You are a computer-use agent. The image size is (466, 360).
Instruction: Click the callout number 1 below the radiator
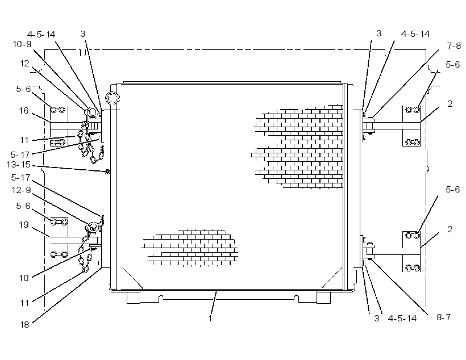tap(210, 319)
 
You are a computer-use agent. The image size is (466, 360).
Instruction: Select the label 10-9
tap(22, 44)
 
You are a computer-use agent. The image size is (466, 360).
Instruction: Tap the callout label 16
tap(24, 111)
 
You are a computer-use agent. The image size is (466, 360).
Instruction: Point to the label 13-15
tap(18, 165)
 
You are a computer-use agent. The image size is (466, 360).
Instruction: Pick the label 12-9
tap(21, 190)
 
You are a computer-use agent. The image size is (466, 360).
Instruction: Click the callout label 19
tap(24, 225)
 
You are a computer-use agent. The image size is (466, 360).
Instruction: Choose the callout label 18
tap(24, 325)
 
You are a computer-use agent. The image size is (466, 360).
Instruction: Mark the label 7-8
tap(454, 46)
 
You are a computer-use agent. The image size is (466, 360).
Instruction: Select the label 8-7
tap(443, 317)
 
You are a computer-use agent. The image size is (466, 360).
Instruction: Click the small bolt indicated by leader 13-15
tap(107, 171)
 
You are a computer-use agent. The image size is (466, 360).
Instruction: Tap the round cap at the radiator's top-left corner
tap(113, 98)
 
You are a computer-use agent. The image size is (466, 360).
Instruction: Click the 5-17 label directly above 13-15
tap(20, 155)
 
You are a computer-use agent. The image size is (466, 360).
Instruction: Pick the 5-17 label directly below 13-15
tap(21, 178)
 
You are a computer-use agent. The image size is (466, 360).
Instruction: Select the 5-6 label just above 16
tap(23, 89)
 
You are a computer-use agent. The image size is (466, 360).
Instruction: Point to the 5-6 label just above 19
tap(23, 206)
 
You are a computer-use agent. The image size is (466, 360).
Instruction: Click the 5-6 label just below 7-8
tap(452, 65)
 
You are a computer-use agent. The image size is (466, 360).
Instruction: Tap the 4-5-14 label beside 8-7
tap(402, 319)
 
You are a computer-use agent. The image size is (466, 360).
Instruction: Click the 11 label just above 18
tap(24, 303)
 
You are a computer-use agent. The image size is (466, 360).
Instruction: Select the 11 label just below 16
tap(24, 140)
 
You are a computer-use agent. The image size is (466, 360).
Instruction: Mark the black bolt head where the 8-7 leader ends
tap(371, 259)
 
